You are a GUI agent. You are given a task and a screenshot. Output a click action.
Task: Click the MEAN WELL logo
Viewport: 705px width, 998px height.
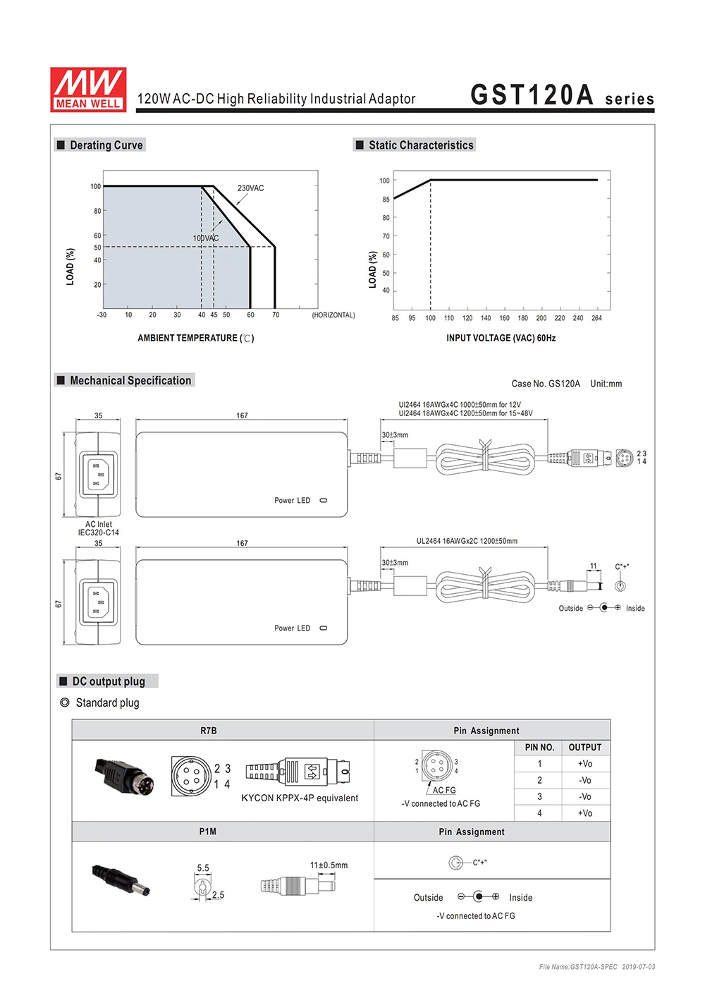point(88,90)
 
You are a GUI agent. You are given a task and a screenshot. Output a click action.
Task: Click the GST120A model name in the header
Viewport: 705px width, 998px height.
point(532,95)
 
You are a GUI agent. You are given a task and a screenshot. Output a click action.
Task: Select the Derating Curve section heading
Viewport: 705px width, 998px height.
point(106,145)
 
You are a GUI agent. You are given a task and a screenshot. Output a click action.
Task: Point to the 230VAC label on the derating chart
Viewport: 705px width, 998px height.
point(250,188)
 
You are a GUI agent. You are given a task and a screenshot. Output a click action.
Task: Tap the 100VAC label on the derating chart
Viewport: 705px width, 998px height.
point(206,238)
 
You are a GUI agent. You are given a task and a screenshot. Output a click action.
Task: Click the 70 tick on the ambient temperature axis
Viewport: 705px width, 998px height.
point(276,315)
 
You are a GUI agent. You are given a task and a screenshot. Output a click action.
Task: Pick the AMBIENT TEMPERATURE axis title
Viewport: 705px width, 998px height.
point(195,339)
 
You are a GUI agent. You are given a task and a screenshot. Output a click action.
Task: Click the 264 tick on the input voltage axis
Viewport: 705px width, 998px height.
point(596,319)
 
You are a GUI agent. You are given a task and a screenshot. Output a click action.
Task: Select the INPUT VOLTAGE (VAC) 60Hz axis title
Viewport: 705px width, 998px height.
point(501,339)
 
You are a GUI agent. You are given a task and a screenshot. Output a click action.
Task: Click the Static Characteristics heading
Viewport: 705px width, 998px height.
point(420,145)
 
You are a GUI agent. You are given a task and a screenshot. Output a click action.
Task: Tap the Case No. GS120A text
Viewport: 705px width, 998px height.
point(546,384)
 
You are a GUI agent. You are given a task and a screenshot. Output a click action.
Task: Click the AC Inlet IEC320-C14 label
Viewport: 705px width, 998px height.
point(99,528)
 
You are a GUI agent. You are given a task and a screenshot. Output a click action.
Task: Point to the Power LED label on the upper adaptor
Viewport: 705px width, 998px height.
point(292,501)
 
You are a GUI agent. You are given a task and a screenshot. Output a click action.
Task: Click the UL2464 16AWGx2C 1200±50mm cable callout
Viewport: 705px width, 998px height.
point(467,542)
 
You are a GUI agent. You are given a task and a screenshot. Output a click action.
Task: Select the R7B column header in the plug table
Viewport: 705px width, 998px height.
point(209,731)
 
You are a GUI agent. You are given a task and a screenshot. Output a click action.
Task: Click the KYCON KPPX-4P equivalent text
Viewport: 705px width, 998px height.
point(300,798)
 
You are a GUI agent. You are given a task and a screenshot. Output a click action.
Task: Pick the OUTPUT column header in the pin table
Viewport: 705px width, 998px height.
point(585,748)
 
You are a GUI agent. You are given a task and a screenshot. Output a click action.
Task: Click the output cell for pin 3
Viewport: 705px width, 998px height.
point(585,797)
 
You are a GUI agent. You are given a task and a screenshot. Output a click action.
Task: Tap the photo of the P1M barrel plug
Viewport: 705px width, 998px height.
point(121,881)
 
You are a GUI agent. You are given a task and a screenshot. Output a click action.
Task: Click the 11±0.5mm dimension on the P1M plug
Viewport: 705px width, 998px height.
point(329,865)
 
